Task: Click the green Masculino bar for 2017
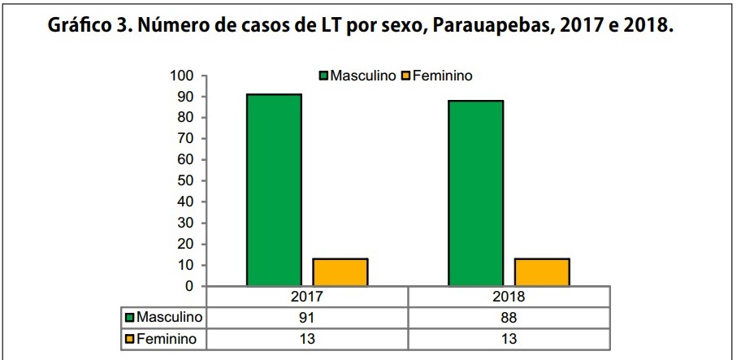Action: [275, 189]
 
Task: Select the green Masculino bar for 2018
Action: [476, 193]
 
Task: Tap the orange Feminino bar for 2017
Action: [341, 271]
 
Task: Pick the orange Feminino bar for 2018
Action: [542, 271]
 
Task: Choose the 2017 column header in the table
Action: [307, 296]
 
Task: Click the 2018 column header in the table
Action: [509, 296]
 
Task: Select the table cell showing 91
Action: [307, 316]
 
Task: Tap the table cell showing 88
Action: [509, 316]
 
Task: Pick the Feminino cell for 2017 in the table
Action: [307, 337]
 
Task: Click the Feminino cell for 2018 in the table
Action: [509, 337]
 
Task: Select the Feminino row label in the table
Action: [166, 337]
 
